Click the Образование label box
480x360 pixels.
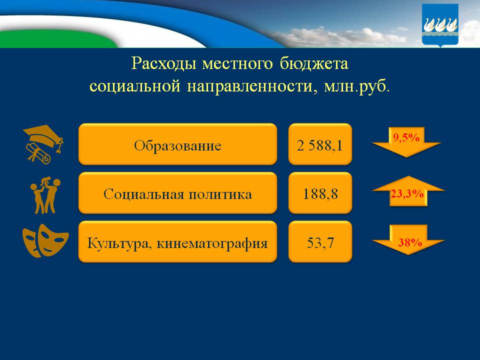(177, 144)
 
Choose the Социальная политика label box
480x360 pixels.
(177, 193)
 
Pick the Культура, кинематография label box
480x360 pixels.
(177, 242)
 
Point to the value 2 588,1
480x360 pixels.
(320, 144)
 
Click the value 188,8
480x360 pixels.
(320, 193)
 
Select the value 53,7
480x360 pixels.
(320, 242)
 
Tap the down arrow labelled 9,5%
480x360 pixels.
(406, 142)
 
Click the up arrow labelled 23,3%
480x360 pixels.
(407, 192)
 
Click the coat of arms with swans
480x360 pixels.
(440, 25)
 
